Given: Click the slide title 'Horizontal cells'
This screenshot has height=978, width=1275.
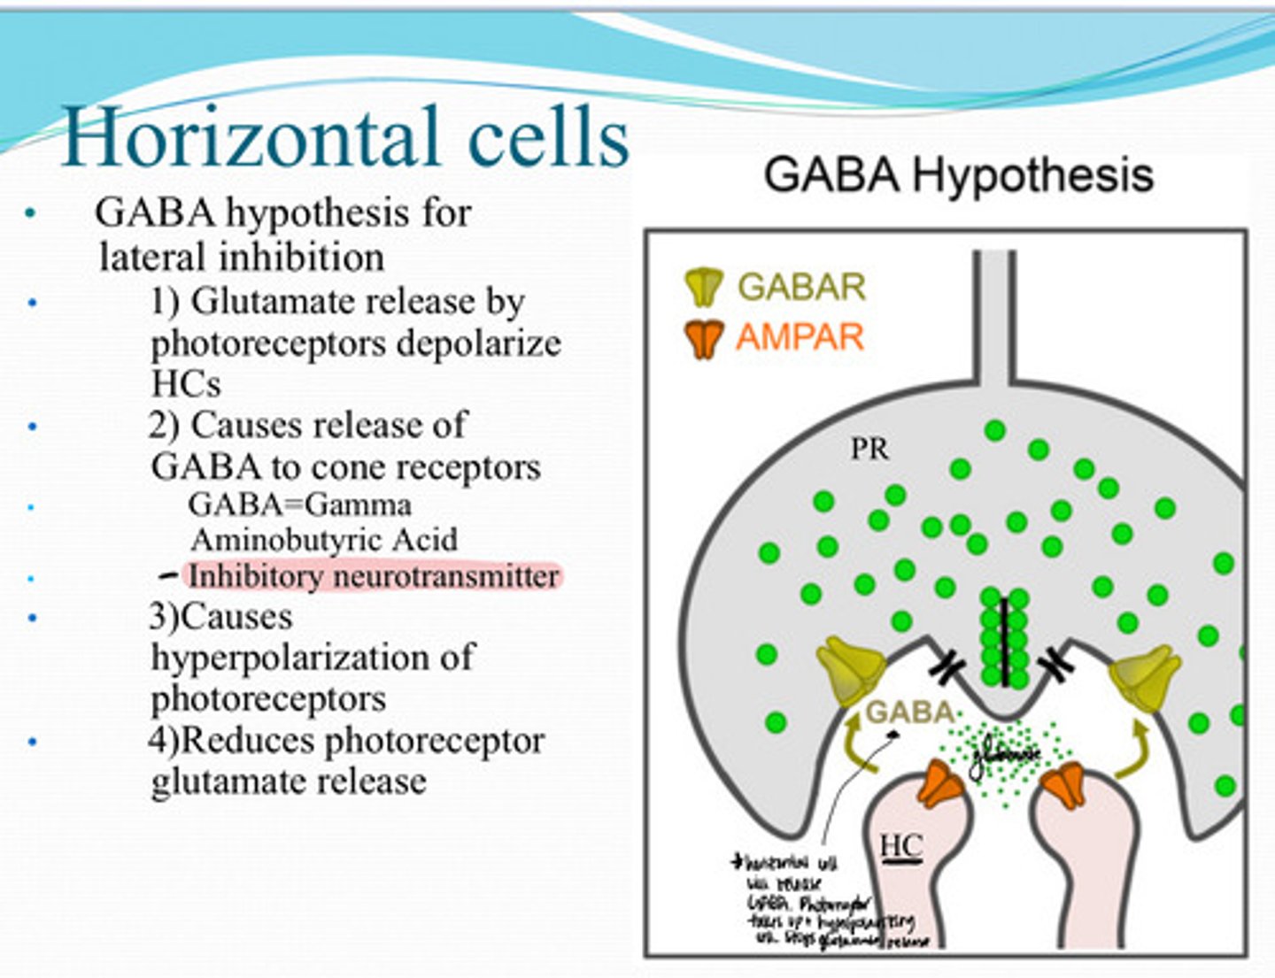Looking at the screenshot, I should [x=345, y=137].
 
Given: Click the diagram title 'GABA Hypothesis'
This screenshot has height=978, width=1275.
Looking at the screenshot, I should [x=959, y=174].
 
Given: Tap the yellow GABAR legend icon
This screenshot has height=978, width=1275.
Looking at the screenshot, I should [x=704, y=287].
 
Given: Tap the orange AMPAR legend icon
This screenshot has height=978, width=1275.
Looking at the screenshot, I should [x=704, y=338].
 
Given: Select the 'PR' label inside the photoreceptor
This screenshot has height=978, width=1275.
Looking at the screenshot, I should [x=869, y=450].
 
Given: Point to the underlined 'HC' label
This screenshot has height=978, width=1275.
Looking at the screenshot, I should [x=901, y=846].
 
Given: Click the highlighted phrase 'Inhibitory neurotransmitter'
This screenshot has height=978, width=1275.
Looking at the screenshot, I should [x=373, y=576].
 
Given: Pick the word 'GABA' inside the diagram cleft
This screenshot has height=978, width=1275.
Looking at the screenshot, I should [x=909, y=712].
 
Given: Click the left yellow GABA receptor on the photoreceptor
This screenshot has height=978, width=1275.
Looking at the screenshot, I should [x=850, y=673].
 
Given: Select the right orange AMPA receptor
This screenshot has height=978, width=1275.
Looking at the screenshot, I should [x=1065, y=783].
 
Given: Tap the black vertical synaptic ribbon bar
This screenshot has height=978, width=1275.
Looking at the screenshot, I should [x=1005, y=643].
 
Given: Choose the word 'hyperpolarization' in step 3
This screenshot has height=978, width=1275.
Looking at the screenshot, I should [x=312, y=657].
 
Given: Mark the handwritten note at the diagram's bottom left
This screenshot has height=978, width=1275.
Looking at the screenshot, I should [x=819, y=903].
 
